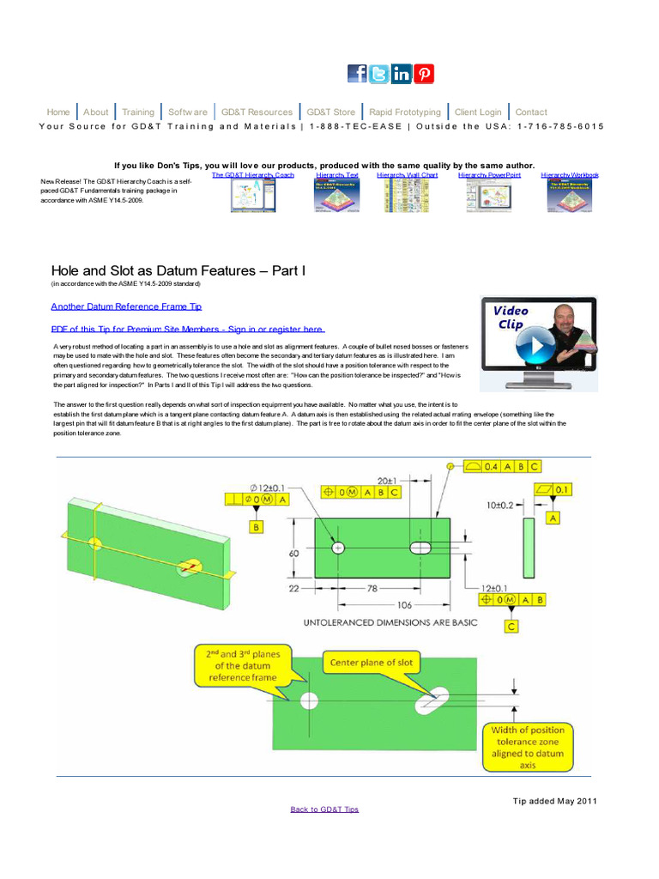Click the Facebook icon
357,74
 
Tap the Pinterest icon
424,74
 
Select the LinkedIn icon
402,74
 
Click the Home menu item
58,112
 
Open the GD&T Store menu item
330,112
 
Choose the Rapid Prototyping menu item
405,112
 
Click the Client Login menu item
478,112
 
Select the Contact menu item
531,112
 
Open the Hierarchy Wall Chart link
407,175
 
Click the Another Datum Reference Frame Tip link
126,306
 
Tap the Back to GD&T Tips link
324,809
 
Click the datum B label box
256,528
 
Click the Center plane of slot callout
366,663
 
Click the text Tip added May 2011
554,801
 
